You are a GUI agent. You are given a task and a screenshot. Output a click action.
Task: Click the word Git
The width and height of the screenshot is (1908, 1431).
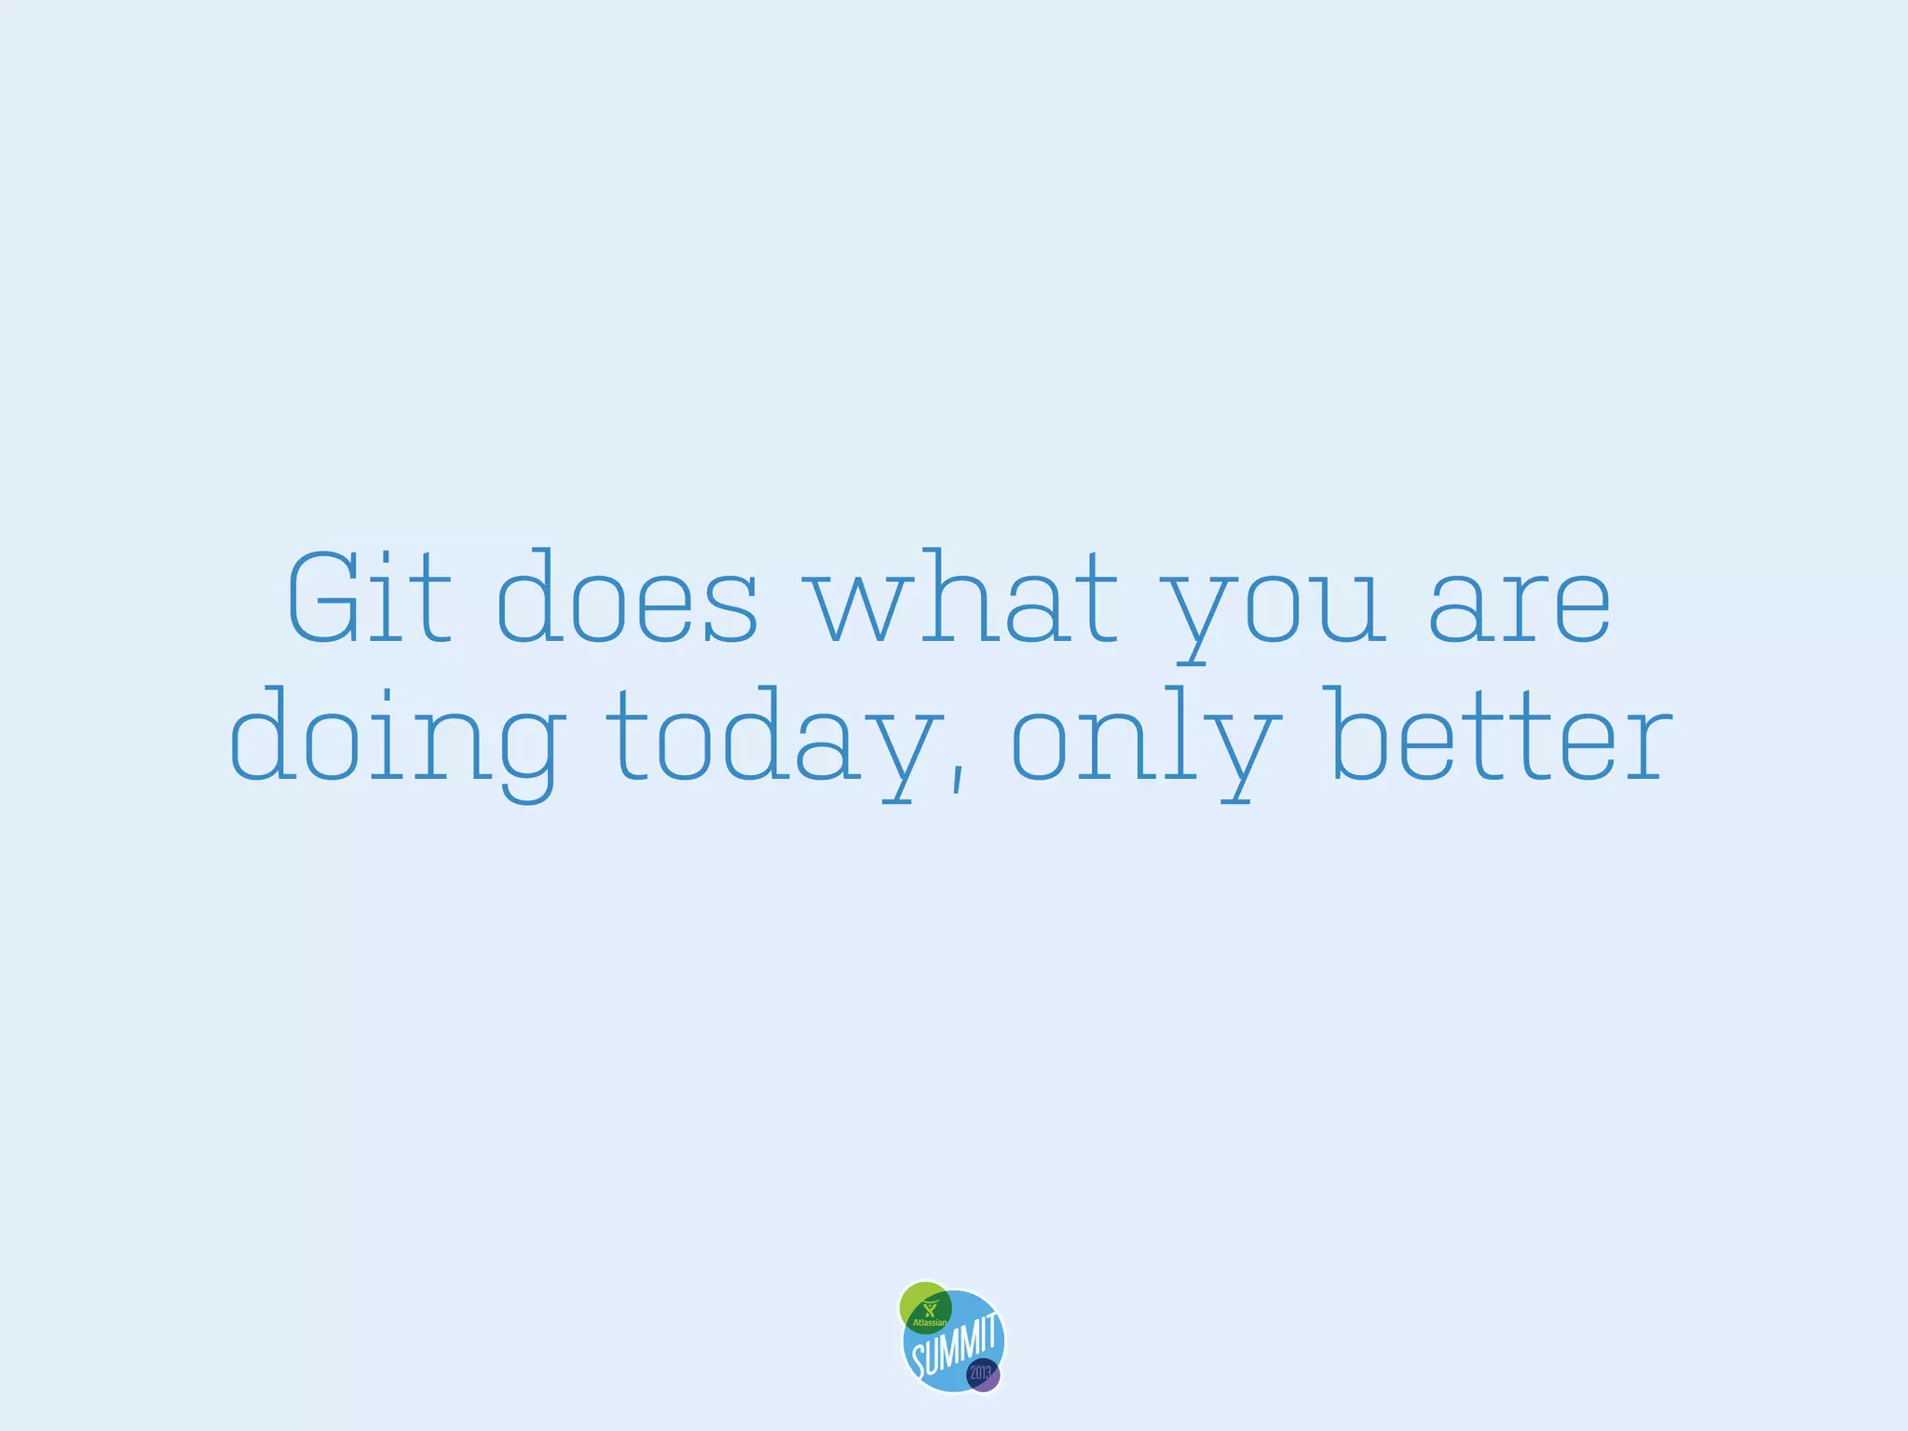tap(370, 598)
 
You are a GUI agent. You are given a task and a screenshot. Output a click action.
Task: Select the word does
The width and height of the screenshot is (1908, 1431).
tap(627, 598)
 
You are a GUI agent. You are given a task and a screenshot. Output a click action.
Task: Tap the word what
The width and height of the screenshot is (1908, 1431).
tap(964, 598)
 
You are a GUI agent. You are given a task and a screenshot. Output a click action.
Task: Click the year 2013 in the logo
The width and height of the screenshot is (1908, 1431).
tap(981, 1372)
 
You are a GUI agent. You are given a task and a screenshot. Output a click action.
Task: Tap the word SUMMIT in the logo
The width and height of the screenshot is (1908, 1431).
tap(955, 1346)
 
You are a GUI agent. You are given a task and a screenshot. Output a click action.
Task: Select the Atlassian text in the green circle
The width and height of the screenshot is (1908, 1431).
tap(929, 1322)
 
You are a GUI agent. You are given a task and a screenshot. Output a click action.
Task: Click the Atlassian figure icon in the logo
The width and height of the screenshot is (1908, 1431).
tap(928, 1309)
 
